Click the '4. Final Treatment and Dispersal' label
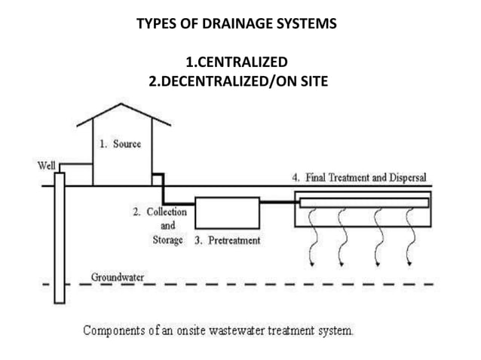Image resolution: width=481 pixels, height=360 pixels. tap(359, 178)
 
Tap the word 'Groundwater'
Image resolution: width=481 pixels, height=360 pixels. tap(118, 276)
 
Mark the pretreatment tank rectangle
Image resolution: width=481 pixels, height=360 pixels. tap(227, 213)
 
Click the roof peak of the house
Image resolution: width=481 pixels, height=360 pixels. tap(123, 105)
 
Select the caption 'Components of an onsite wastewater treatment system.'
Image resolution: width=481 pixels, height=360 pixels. tap(218, 330)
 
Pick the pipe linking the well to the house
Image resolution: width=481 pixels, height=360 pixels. tap(75, 163)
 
